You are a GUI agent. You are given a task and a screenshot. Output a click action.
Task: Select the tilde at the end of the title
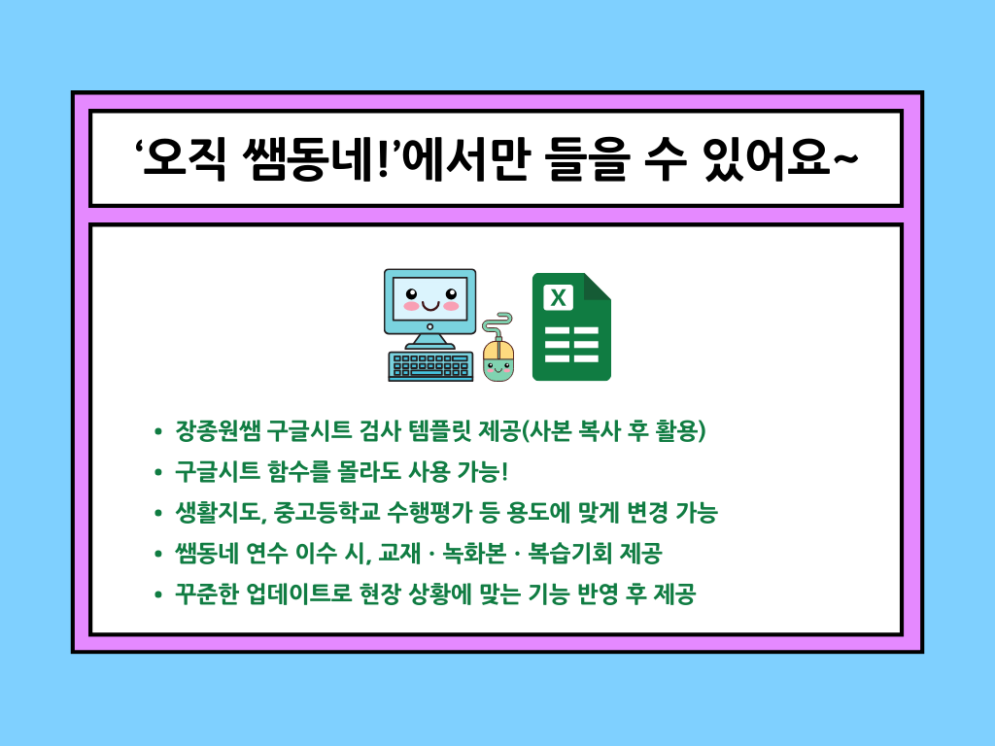845,158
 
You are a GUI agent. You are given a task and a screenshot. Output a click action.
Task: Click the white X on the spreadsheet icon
559,297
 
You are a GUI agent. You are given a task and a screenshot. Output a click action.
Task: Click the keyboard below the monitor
430,366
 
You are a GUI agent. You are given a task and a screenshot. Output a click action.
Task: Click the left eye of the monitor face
411,293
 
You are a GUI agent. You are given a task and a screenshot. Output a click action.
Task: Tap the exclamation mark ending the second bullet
504,471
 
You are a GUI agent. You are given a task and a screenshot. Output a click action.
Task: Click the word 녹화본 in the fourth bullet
474,553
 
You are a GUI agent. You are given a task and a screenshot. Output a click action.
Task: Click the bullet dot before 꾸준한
158,595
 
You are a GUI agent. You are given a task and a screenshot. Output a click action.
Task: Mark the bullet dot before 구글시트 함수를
158,473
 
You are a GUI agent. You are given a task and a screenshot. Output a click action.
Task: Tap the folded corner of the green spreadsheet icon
596,287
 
